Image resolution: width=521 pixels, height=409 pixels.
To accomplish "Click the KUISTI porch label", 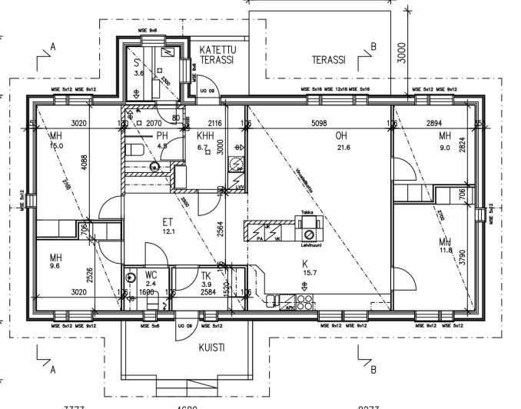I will coord(212,347).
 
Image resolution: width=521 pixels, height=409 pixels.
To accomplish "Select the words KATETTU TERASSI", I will coord(217,54).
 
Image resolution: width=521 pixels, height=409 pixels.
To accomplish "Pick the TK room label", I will coord(184,275).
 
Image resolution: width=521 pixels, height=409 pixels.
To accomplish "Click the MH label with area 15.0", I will coord(55,136).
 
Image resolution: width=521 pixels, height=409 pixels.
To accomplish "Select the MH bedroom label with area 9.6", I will coord(55,258).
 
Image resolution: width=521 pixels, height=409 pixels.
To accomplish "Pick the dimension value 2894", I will coord(435,123).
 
